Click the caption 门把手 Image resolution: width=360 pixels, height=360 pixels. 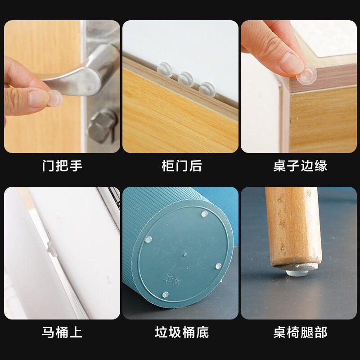coord(62,166)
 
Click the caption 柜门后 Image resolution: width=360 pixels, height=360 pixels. coord(182,166)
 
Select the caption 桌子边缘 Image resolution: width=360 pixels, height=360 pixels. coord(300,166)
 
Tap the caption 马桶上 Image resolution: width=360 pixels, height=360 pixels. coord(62,332)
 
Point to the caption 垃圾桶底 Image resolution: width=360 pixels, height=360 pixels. coord(182,332)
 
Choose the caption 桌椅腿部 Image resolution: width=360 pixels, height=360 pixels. coord(300,332)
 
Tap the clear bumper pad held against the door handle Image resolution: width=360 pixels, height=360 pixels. coord(55,98)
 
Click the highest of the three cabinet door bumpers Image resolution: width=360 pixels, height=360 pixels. coord(164,69)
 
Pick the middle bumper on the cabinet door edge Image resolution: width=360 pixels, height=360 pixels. coord(185,79)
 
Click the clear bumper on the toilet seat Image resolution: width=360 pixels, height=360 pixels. coord(52,249)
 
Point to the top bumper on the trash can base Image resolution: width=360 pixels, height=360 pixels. coord(204,214)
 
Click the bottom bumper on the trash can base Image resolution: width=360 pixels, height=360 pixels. coord(165,295)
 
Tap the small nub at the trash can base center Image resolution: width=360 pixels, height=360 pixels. coord(184,254)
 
